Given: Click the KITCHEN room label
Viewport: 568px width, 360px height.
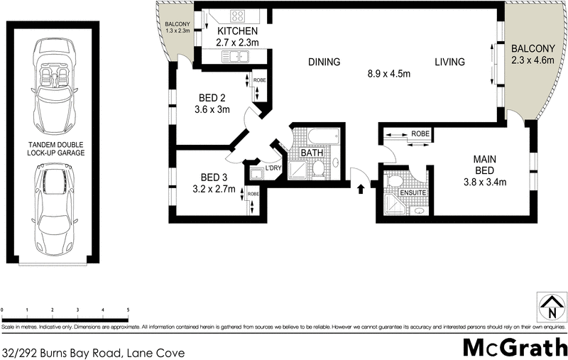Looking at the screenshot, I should pos(237,32).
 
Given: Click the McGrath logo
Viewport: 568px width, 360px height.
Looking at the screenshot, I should pos(515,347).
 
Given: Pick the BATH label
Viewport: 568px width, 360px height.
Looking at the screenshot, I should pos(312,153).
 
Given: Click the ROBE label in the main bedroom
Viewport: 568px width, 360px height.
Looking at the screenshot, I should pos(420,133).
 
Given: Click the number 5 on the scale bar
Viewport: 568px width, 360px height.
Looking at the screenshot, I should pos(128,310).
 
